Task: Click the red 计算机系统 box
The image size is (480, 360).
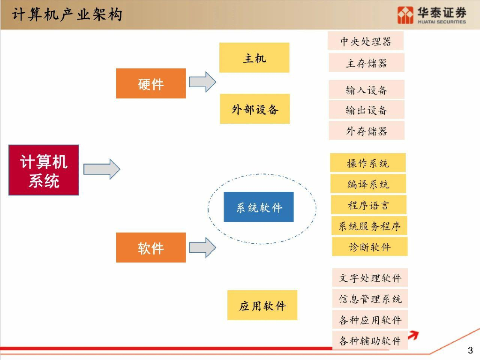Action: point(44,170)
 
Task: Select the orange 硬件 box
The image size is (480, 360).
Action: point(151,83)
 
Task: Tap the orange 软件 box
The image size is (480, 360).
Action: point(151,247)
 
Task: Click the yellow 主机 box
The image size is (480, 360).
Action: point(254,58)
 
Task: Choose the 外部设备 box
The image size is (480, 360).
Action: point(255,109)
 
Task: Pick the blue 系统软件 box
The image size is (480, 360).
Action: point(259,207)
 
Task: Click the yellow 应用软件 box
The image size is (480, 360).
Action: point(262,305)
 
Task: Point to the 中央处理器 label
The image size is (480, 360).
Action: point(366,41)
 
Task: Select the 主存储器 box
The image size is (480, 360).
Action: point(366,63)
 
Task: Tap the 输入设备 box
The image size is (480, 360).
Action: point(366,90)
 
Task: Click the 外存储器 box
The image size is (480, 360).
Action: point(366,131)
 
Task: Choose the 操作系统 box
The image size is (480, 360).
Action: point(367,163)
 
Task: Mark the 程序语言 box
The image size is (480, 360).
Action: point(368,205)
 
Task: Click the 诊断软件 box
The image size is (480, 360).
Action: point(369,247)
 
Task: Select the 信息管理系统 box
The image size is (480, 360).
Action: point(370,299)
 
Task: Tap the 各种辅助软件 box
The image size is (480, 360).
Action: point(370,341)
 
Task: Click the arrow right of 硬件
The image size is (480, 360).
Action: point(202,82)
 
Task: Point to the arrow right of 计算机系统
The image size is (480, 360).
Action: point(102,169)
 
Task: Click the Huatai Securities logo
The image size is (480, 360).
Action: point(431,15)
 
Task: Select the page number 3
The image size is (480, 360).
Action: point(470,350)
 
